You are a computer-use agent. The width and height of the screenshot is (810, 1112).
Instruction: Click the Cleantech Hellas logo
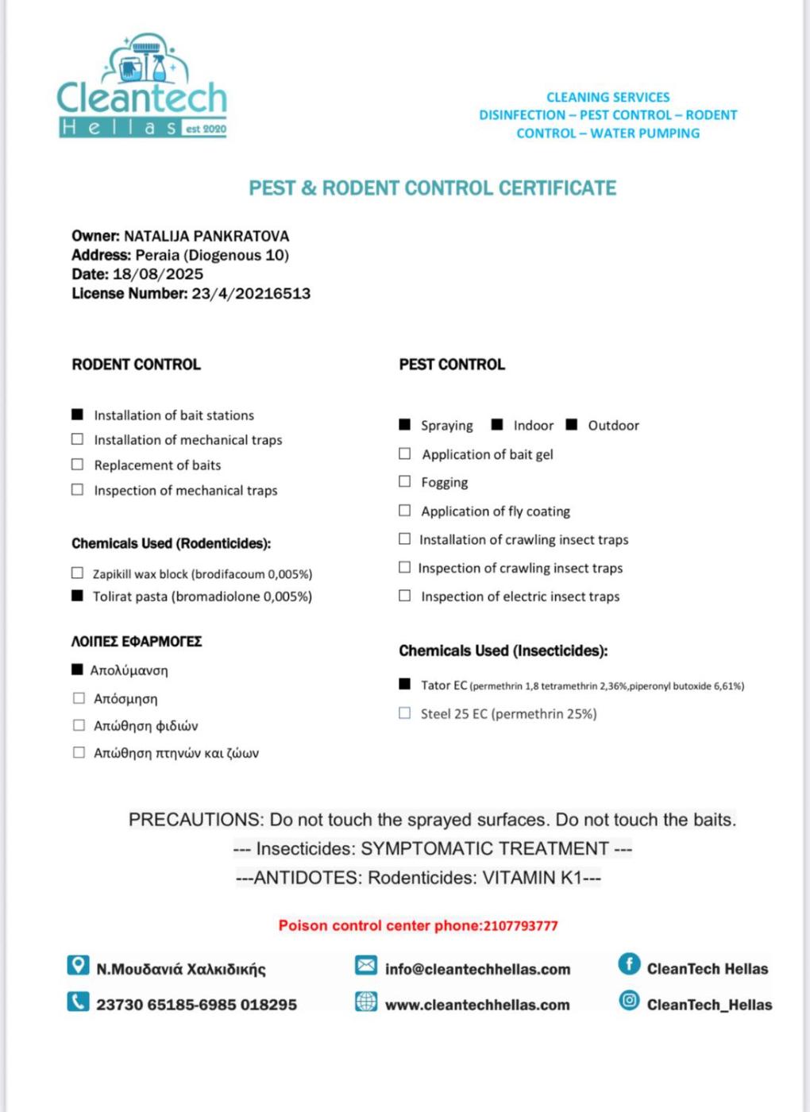(x=142, y=87)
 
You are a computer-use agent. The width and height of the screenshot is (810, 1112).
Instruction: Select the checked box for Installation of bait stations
(x=77, y=415)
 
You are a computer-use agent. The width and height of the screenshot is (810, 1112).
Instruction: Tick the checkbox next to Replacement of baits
(x=77, y=465)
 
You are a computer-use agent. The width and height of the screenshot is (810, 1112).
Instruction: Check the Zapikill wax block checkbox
(x=77, y=573)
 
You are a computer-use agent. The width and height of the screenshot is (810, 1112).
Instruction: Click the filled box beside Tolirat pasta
(x=77, y=596)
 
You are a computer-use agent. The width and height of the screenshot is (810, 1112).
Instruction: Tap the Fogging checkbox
(x=405, y=481)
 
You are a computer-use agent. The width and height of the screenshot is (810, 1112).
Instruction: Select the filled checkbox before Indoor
(x=497, y=425)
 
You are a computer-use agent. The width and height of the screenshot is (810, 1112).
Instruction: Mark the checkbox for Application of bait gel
(x=405, y=454)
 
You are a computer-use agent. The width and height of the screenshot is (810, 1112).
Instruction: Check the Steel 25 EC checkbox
(x=405, y=713)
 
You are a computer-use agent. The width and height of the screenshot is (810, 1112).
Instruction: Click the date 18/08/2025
(x=158, y=274)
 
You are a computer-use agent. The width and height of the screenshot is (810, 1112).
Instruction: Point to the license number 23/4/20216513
(x=251, y=293)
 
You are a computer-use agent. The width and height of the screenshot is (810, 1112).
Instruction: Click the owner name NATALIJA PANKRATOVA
(x=206, y=236)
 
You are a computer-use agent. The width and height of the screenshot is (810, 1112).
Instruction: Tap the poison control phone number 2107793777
(x=520, y=925)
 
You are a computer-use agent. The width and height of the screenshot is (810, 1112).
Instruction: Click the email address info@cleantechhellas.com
(x=477, y=969)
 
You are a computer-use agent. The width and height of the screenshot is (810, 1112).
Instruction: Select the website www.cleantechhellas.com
(x=477, y=1005)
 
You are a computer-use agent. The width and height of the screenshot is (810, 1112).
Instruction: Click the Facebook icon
(x=629, y=964)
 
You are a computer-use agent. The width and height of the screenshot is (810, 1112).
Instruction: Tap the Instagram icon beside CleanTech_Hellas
(x=629, y=1001)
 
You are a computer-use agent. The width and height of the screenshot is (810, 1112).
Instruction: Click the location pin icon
(x=78, y=965)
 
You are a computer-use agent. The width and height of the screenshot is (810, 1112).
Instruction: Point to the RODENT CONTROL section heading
(x=136, y=365)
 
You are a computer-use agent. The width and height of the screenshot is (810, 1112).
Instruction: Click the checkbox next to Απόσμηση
(x=79, y=698)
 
